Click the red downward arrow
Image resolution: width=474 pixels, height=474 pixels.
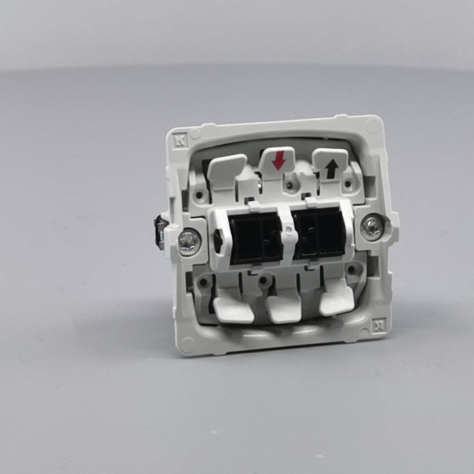(x=279, y=161)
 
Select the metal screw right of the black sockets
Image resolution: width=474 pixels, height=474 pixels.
(x=371, y=227)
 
